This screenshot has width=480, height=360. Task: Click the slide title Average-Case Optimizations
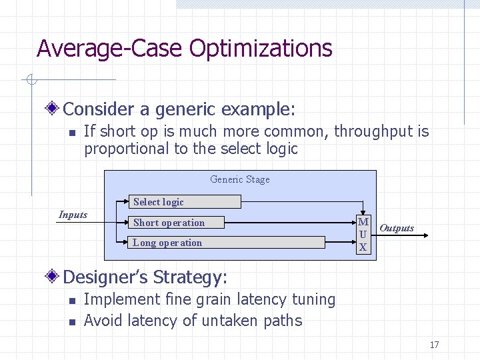click(184, 49)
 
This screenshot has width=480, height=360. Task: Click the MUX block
click(363, 235)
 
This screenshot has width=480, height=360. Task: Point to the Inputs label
click(73, 215)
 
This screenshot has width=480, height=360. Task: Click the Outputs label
click(397, 228)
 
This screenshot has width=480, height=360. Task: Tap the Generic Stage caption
click(240, 179)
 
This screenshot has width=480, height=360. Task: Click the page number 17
click(434, 345)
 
